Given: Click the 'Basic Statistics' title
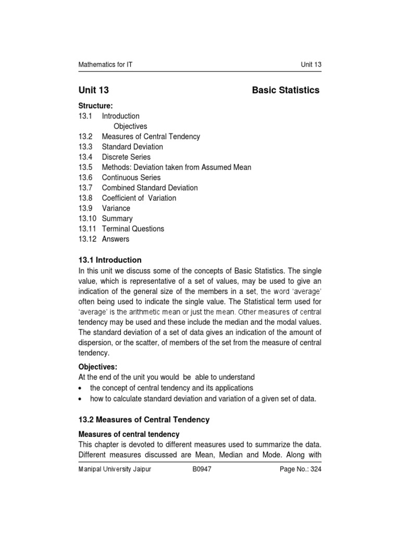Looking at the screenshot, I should (x=285, y=90).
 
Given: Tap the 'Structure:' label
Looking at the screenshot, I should (x=95, y=106).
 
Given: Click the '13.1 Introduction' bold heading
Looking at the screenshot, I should (x=109, y=260).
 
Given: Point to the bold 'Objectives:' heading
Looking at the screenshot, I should (x=98, y=367).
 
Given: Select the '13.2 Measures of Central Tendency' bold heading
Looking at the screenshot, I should (x=143, y=420).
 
